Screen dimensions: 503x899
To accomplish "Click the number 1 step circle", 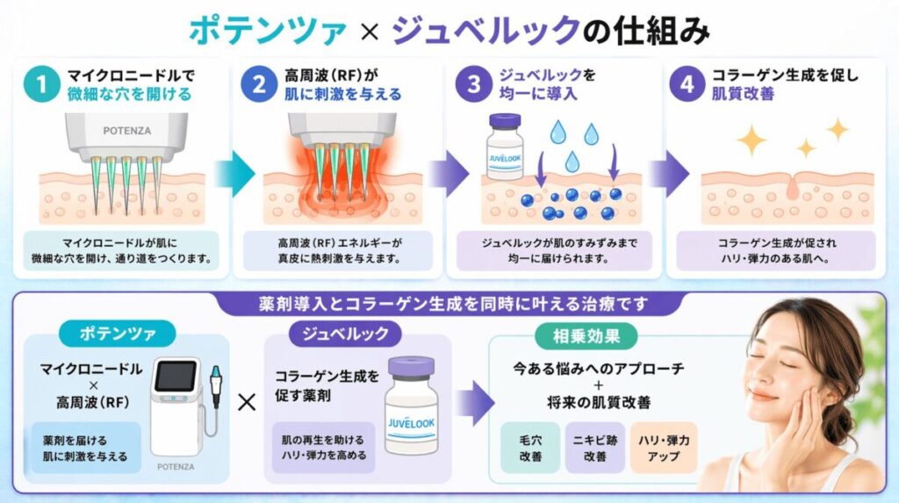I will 40,84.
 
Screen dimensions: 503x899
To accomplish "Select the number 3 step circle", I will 474,84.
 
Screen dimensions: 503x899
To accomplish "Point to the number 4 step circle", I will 687,84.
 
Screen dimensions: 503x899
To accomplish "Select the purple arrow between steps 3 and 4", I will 666,168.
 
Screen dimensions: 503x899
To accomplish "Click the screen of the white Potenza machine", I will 174,377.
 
